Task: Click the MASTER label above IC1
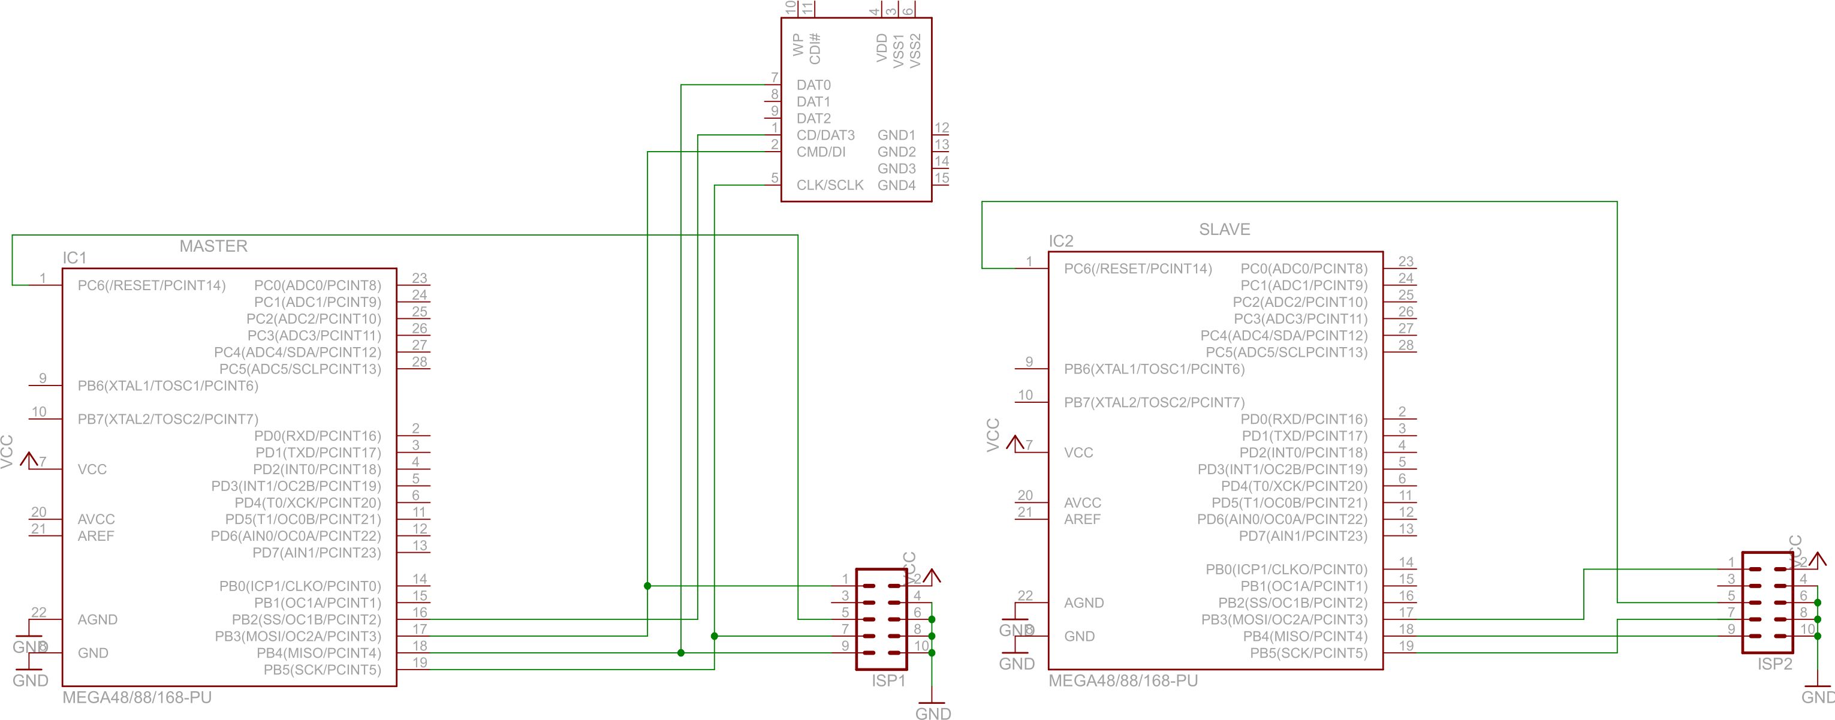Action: coord(213,246)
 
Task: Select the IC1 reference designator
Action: coord(74,258)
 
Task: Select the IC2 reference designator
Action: coord(1060,242)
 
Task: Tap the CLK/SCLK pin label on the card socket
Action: coord(829,185)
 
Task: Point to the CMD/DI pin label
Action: coord(821,152)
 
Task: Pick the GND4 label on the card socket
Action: coord(896,185)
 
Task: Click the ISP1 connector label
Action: coord(888,681)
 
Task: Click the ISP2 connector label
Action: coord(1774,664)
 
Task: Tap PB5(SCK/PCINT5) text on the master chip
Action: coord(322,670)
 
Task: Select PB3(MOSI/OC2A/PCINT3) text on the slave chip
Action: coord(1283,620)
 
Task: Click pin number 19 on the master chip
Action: coord(420,662)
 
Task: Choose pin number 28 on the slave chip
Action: coord(1405,345)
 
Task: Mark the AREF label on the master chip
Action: coord(95,537)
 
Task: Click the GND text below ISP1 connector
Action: coord(932,713)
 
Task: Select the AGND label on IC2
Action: coord(1083,603)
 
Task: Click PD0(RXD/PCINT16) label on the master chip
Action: coord(317,436)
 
